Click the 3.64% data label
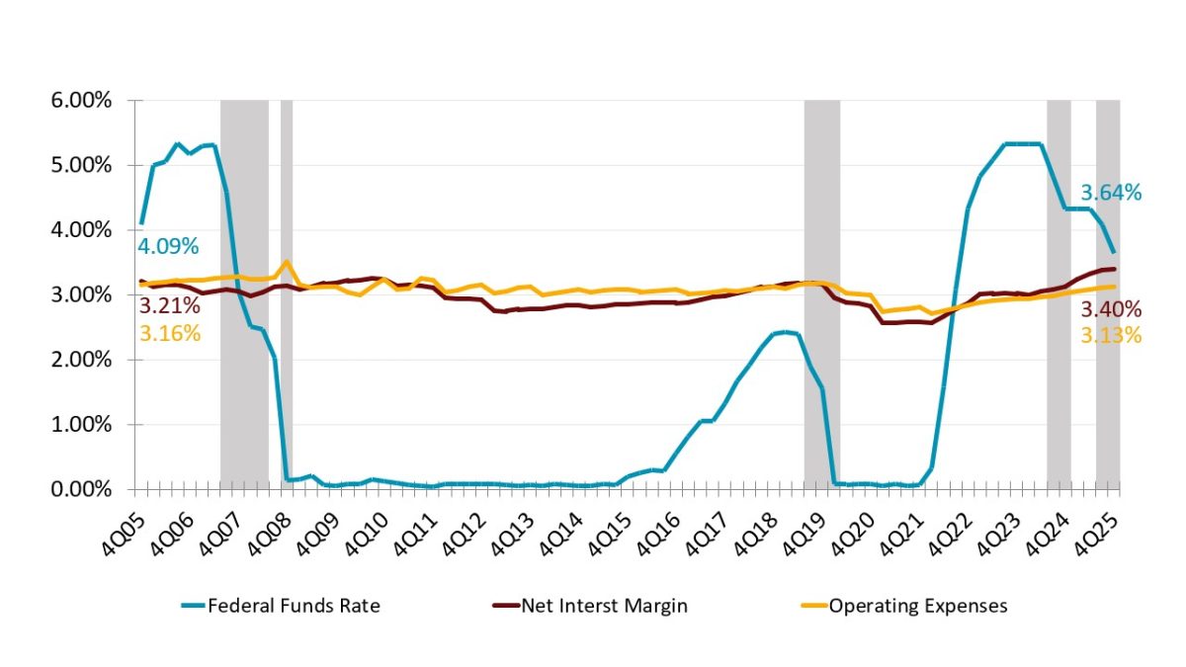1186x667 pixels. (x=1111, y=194)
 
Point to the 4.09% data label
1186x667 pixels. (x=169, y=244)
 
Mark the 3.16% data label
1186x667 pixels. (x=169, y=333)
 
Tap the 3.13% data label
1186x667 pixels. (x=1111, y=336)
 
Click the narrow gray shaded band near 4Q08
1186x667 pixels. (x=287, y=296)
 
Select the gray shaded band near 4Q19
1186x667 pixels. (x=821, y=296)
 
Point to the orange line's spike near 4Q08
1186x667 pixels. (x=287, y=262)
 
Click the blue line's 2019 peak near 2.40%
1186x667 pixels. (x=784, y=332)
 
